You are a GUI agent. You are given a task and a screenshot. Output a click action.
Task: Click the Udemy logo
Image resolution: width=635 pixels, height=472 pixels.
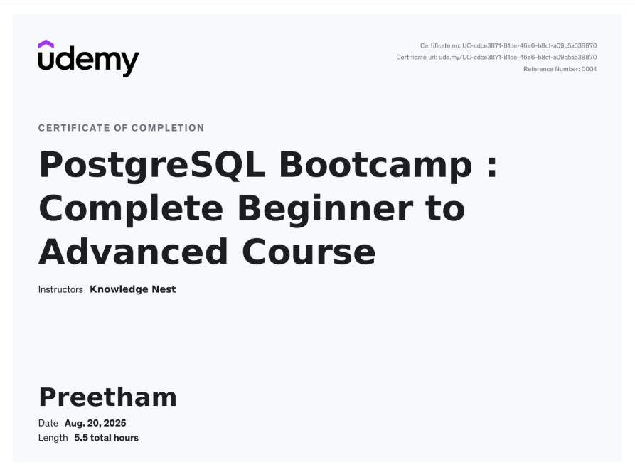point(88,59)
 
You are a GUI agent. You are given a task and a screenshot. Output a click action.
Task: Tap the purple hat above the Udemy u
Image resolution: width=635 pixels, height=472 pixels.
point(46,44)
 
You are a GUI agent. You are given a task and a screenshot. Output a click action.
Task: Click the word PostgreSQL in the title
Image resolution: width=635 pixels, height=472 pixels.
point(152,165)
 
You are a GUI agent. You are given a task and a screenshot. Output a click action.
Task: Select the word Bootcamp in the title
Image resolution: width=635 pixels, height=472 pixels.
point(376,165)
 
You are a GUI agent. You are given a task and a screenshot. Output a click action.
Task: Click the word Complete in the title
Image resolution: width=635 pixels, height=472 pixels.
point(131,209)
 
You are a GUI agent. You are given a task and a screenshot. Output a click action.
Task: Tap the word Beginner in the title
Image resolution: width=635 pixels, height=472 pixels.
point(326,209)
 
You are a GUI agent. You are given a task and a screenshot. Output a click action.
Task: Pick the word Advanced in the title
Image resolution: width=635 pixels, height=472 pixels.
point(133,252)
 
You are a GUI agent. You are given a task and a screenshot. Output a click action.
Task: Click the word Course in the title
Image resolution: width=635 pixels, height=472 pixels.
point(309,252)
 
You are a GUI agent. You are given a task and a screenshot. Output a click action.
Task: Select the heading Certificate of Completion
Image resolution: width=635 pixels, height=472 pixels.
point(121,128)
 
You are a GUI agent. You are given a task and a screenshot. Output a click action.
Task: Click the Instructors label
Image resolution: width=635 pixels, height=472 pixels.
point(60,289)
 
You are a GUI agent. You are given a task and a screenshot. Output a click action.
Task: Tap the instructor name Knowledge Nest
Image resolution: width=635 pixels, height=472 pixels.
point(133,289)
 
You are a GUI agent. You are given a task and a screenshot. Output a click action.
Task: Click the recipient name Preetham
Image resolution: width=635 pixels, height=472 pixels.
point(107,397)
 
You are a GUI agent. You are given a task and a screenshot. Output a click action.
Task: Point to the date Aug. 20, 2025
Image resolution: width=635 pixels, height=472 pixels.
point(95,423)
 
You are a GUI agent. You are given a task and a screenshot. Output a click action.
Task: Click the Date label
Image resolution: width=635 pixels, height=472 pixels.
point(48,423)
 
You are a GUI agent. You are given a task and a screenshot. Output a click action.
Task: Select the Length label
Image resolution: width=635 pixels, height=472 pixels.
point(53,438)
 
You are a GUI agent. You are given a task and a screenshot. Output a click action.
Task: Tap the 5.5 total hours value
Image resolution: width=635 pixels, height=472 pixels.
point(106,438)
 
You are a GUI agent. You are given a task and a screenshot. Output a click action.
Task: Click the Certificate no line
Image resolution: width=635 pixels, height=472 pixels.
point(508,45)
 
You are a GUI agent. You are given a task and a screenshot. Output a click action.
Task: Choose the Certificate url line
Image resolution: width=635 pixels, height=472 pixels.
point(496,58)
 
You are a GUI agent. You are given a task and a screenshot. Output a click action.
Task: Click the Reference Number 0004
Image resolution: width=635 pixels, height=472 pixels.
point(560,69)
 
